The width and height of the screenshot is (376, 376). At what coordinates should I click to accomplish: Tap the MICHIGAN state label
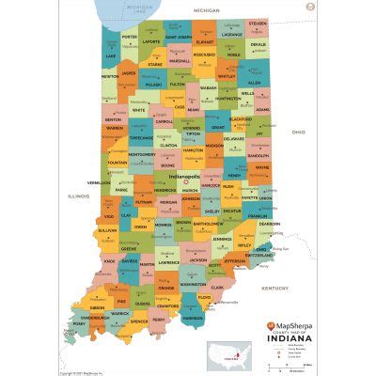coord(206,8)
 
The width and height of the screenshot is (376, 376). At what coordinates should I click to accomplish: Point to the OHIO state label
coord(298,133)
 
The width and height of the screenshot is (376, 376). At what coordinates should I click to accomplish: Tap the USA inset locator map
coord(231,354)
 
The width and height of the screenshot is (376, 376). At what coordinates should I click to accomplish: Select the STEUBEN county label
coord(257,23)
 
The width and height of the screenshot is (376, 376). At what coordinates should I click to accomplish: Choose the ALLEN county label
coord(254,83)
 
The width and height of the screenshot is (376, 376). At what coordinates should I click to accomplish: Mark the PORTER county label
coord(131,38)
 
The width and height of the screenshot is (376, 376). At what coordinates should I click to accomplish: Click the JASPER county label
coord(129,72)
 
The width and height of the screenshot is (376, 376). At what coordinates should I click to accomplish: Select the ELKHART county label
coord(204,42)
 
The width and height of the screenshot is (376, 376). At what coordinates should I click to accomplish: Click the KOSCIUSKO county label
coord(204,55)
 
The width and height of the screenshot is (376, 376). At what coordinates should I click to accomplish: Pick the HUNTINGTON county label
coord(227,98)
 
